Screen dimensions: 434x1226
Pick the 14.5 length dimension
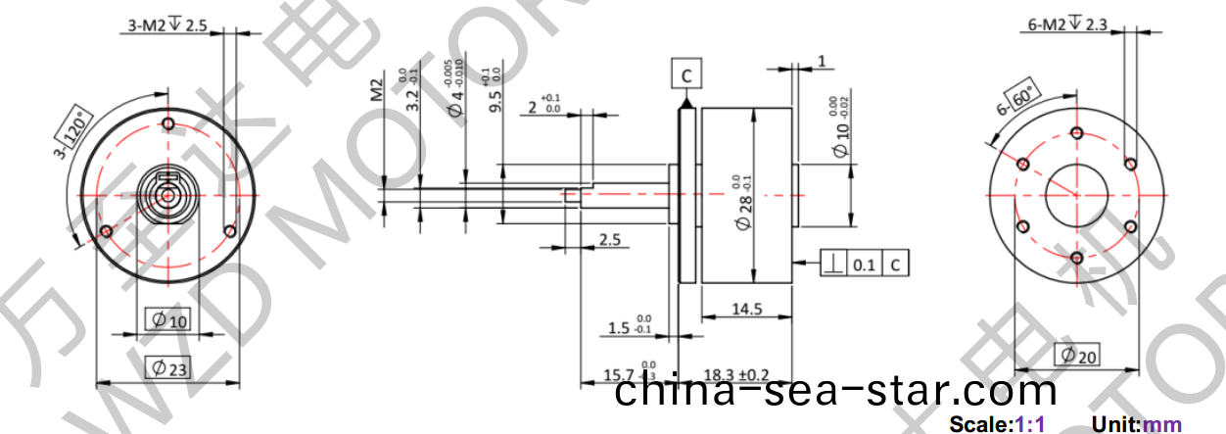tap(746, 309)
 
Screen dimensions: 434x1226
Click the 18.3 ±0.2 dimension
tap(736, 375)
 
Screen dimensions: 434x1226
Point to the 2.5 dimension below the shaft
tap(609, 239)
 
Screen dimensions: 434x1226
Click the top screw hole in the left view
tap(168, 124)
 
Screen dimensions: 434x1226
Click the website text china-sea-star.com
tap(837, 393)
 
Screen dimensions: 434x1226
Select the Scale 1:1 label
tap(998, 424)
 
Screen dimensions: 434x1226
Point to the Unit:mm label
tap(1137, 424)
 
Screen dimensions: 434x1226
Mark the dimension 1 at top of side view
tap(821, 62)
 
